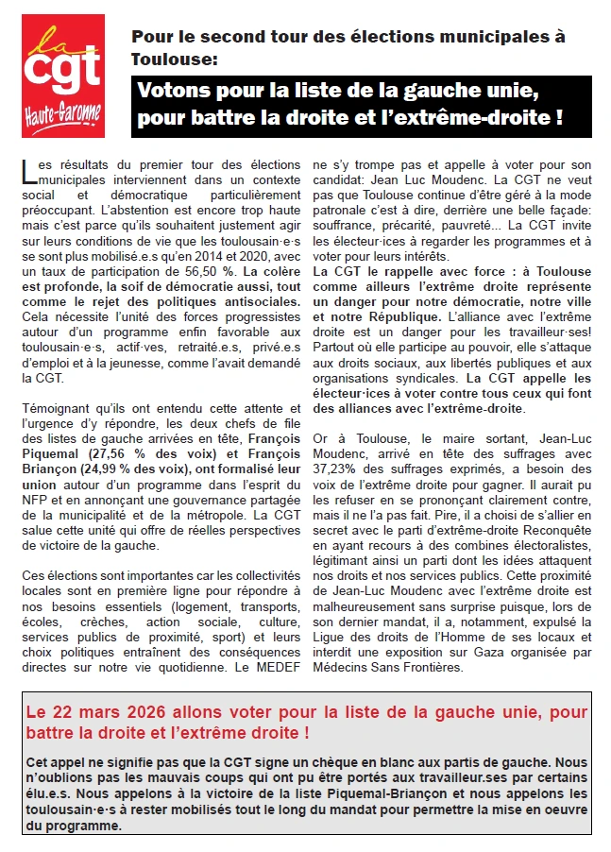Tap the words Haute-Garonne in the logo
pos(63,115)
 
